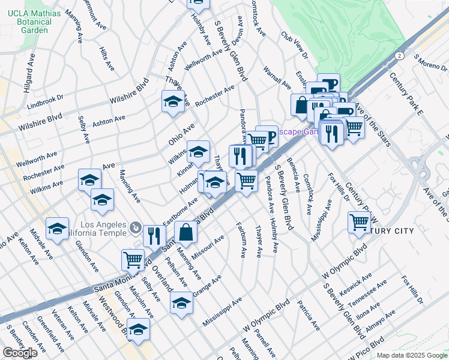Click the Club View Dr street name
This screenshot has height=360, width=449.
click(294, 45)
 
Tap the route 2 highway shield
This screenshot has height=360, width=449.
click(399, 55)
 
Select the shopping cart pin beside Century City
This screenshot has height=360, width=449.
click(360, 222)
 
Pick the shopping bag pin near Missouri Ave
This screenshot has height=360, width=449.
click(186, 233)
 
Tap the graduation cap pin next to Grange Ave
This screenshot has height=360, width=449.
click(181, 304)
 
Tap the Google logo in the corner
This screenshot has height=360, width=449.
click(20, 353)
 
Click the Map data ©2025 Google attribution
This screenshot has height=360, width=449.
click(411, 355)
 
